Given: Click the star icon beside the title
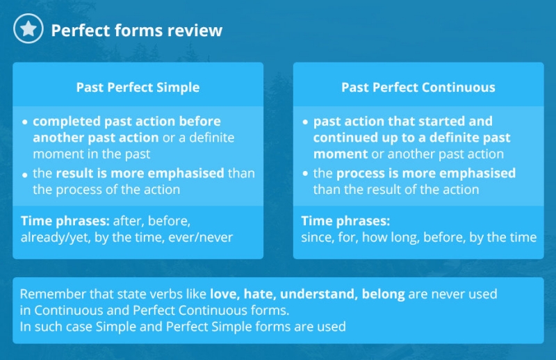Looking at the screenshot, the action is (28, 28).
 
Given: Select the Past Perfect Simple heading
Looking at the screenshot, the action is (138, 88).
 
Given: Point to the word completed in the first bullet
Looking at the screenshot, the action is (67, 122).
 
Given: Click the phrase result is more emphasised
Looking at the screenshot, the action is (140, 174).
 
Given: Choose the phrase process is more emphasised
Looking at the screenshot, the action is (426, 174).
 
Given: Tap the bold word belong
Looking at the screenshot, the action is (384, 295).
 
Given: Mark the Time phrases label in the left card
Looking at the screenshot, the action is (65, 221).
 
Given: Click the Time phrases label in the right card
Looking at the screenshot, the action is (345, 221).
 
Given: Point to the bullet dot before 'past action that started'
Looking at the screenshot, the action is (305, 122).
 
